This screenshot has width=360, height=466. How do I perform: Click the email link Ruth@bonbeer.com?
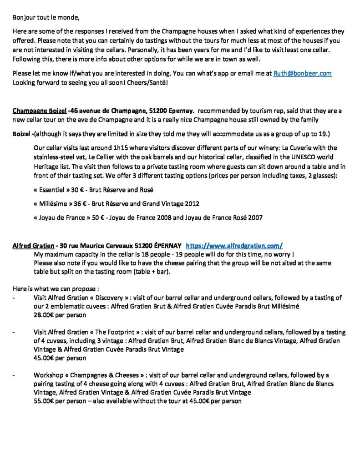pos(302,73)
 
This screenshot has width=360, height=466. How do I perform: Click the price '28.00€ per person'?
pos(60,314)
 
